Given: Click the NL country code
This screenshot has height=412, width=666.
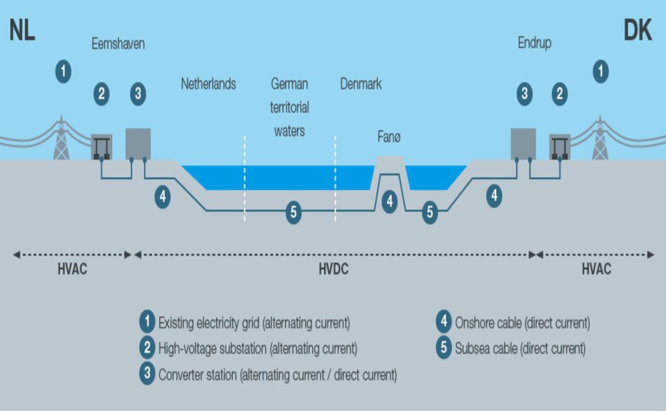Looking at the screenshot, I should pos(22,31).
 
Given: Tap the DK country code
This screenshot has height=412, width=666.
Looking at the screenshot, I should pos(638,31).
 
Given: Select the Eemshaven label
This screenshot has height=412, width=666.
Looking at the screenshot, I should pos(118,44).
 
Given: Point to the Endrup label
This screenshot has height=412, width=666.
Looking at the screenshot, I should pos(534,43).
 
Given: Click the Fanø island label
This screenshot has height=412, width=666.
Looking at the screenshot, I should pos(389,137).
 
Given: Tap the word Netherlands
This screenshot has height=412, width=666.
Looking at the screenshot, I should pos(208,84).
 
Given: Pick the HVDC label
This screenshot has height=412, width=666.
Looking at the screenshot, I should pos(333,269).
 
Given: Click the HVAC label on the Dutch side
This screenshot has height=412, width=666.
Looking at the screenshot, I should pos(72,269).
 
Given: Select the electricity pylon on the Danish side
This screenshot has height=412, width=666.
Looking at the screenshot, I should pos(600,140).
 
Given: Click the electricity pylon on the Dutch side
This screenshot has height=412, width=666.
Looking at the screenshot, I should pos(61,140).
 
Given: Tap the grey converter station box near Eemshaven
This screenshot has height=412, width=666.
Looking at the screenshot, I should pos(138,144).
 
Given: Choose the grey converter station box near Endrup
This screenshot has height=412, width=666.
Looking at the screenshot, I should pos(523,144).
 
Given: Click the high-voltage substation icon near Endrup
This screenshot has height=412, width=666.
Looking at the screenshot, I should pos(560,147).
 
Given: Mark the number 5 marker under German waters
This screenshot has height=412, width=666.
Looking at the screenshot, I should pos(293,212).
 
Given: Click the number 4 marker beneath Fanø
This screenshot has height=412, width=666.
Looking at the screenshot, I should pos(390,202).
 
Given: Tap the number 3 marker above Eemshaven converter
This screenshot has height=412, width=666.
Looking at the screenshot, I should pos(138,94).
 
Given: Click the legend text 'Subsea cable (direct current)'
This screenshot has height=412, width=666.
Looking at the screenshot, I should pos(520,349).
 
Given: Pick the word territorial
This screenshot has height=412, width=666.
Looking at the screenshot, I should pos(289,107).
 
